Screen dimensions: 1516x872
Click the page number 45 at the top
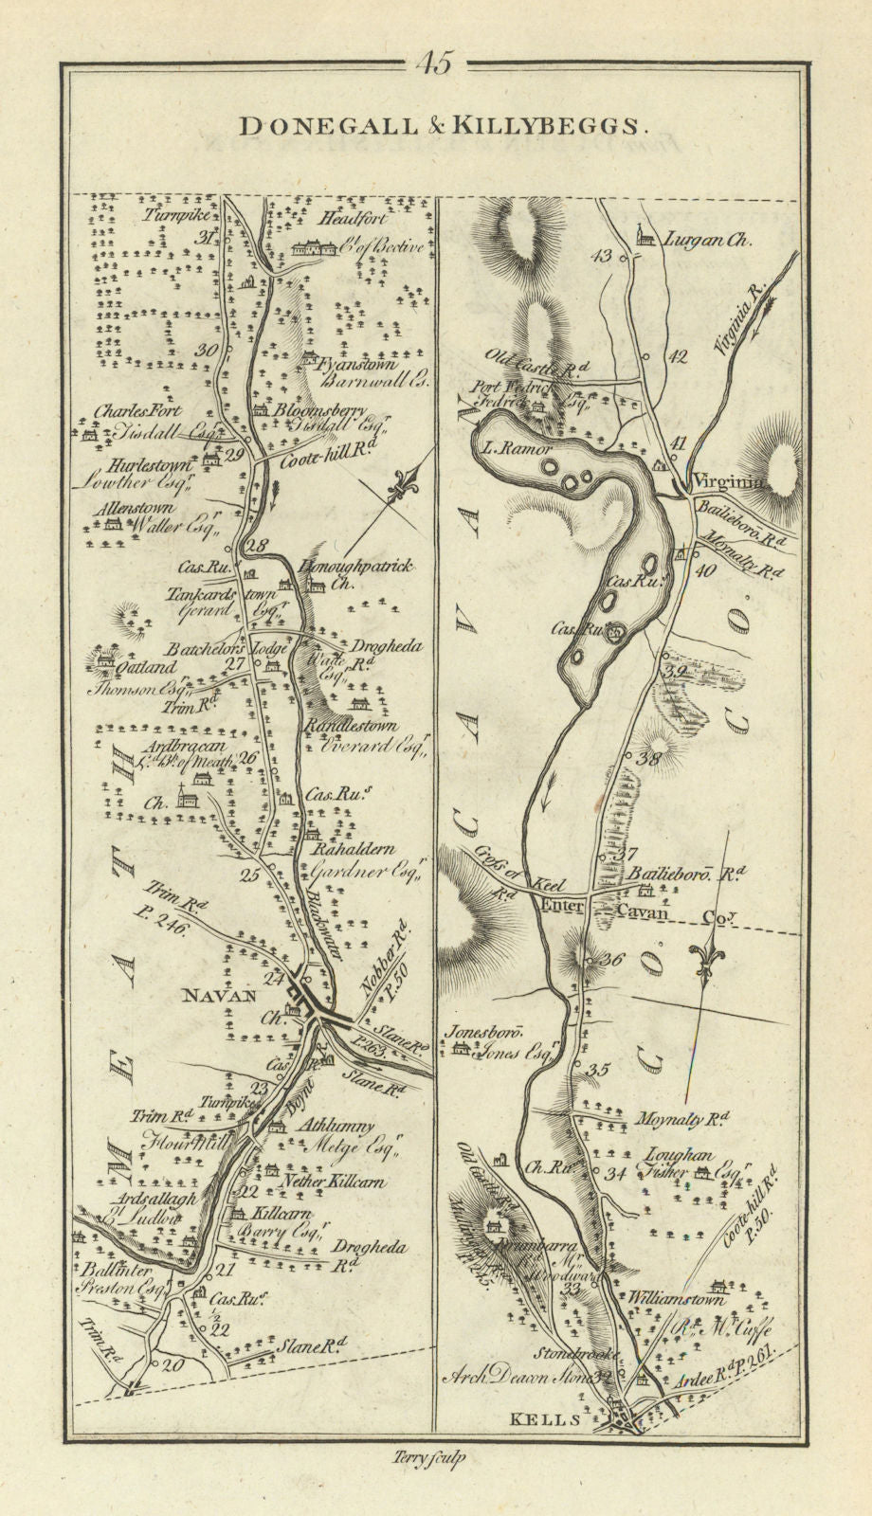[435, 64]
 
